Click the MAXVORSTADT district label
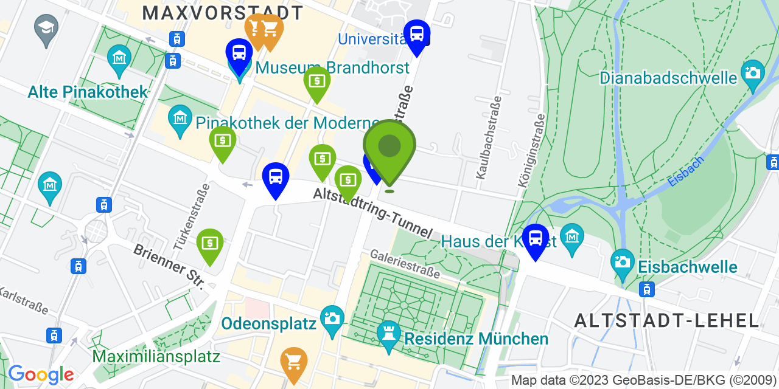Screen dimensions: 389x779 click(x=222, y=13)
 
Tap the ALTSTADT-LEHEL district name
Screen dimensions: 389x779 click(x=666, y=320)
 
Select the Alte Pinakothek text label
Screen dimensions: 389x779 click(x=88, y=92)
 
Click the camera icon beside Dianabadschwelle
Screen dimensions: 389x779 click(x=753, y=74)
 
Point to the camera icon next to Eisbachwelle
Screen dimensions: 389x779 click(x=623, y=262)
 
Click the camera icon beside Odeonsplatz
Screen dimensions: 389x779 click(x=332, y=318)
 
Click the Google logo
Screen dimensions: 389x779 click(x=41, y=374)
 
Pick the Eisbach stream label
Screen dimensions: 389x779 click(x=685, y=171)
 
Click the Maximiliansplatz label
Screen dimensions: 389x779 click(x=156, y=356)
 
